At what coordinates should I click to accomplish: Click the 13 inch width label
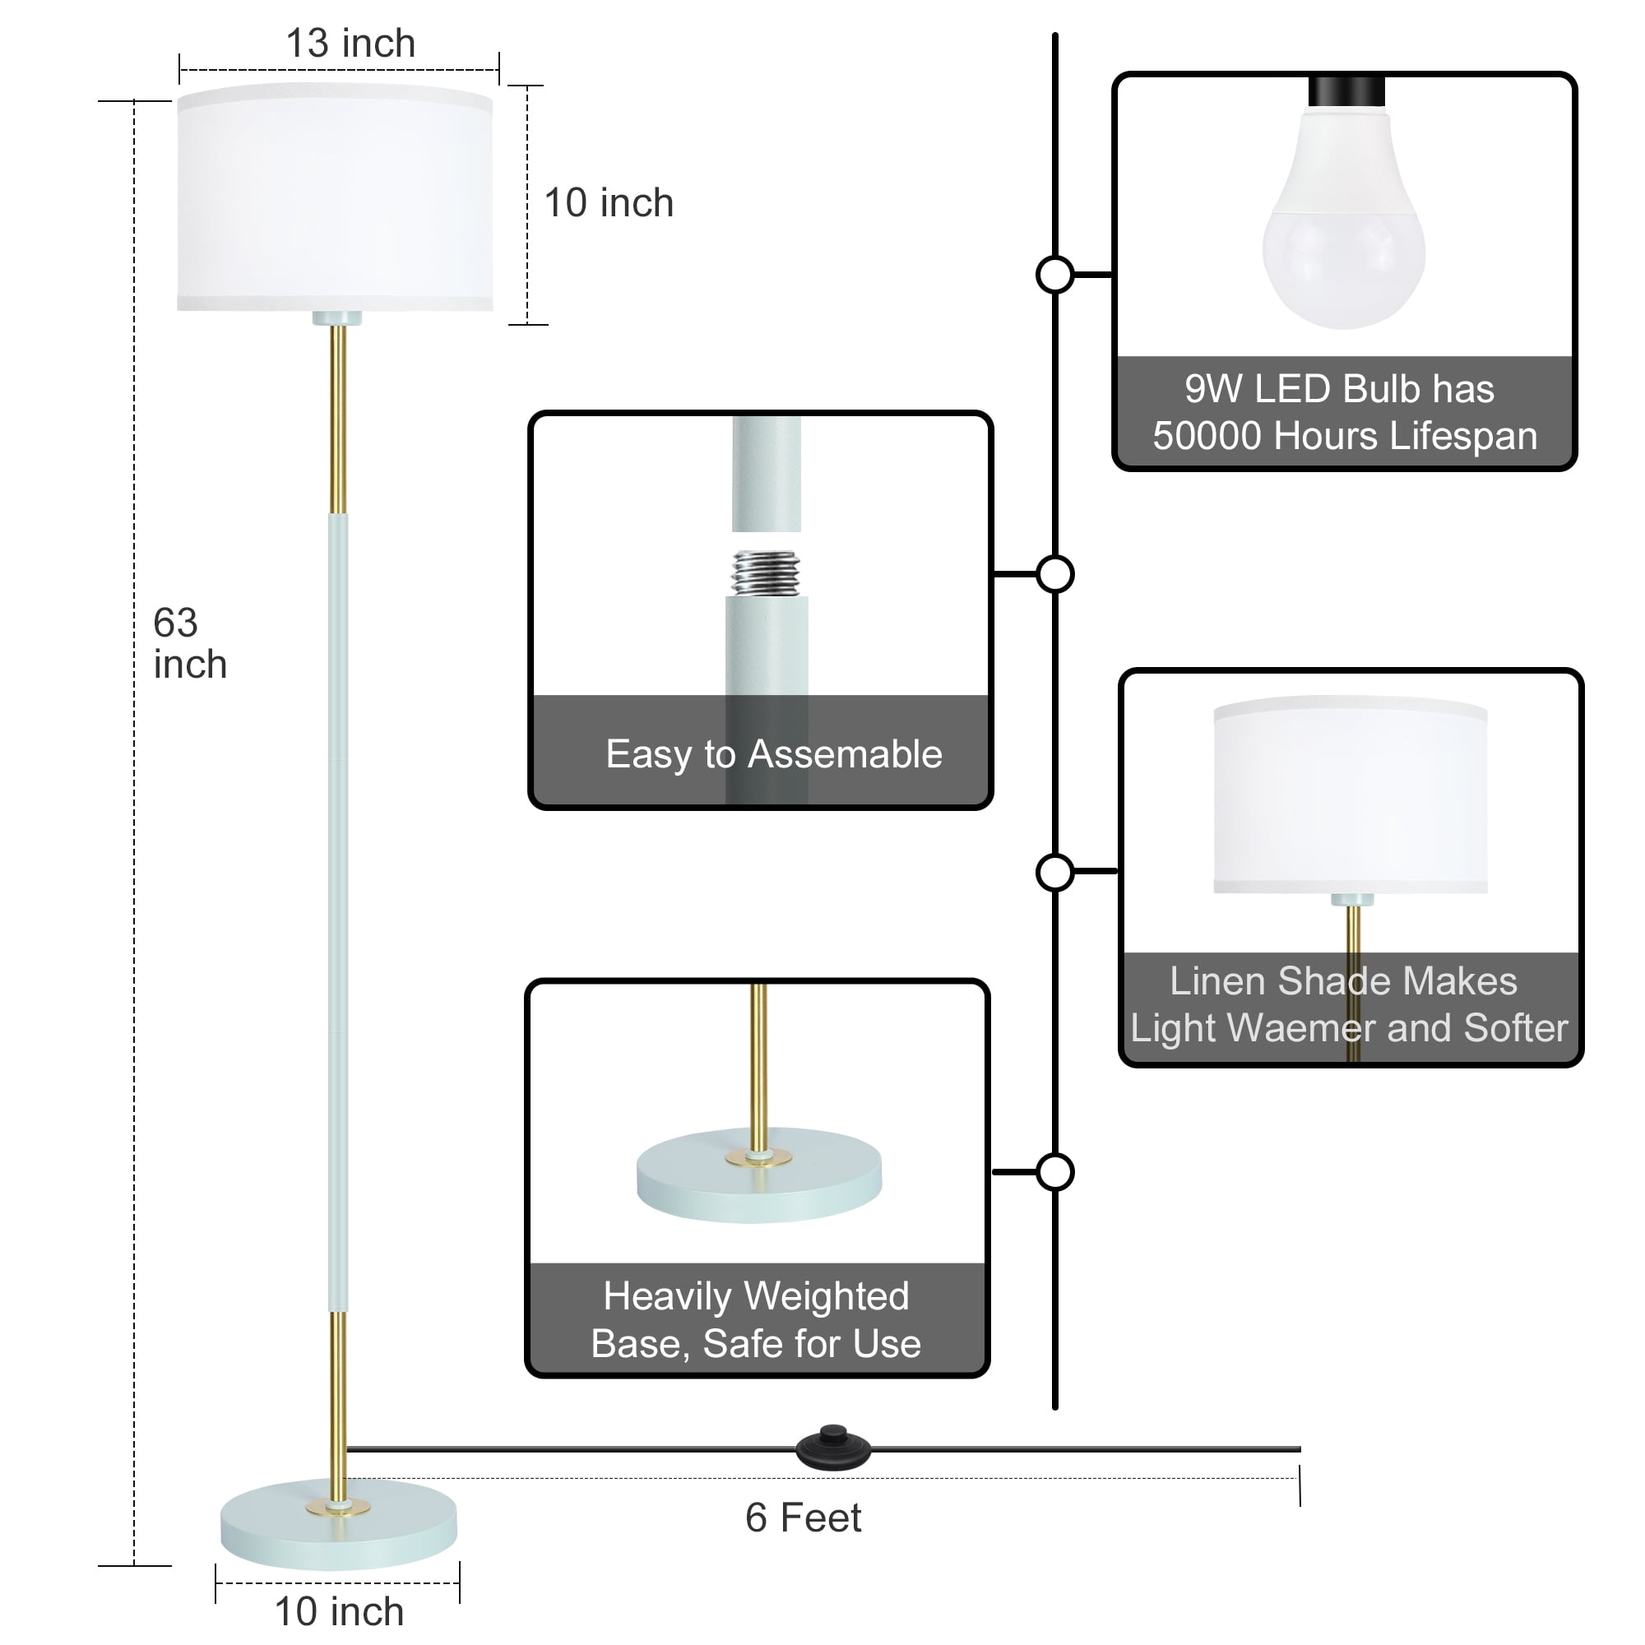(350, 44)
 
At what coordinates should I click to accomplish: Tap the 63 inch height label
(189, 644)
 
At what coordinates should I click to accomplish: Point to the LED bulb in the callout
(1343, 230)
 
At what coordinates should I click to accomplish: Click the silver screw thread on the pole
(766, 573)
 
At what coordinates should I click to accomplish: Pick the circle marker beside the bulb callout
(1055, 275)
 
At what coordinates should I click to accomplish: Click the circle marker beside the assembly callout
(1055, 574)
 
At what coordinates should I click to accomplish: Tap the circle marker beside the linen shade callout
(1055, 873)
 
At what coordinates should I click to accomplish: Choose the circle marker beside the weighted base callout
(1055, 1172)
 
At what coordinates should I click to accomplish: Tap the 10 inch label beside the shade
(608, 203)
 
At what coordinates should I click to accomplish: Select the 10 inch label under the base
(338, 1612)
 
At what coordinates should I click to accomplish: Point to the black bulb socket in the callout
(1346, 91)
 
